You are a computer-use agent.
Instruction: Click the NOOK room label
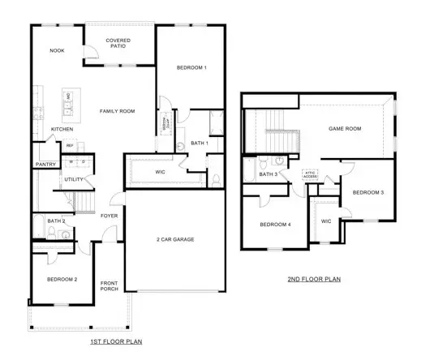[57, 50]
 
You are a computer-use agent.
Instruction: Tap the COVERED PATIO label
[118, 43]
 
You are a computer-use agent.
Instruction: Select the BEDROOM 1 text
[192, 67]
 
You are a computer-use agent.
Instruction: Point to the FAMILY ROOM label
[117, 111]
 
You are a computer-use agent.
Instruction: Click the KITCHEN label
[62, 129]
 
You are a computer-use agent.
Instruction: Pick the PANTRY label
[45, 164]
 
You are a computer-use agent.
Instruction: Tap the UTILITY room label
[75, 179]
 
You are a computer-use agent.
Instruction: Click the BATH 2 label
[56, 221]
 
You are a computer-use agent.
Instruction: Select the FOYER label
[109, 216]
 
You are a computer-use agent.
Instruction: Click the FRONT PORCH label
[109, 286]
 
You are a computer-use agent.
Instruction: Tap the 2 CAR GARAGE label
[176, 239]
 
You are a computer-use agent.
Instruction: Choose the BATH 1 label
[200, 143]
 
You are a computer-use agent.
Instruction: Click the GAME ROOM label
[343, 128]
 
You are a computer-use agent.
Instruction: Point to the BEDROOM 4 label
[275, 225]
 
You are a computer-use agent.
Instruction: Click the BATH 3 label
[269, 174]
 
